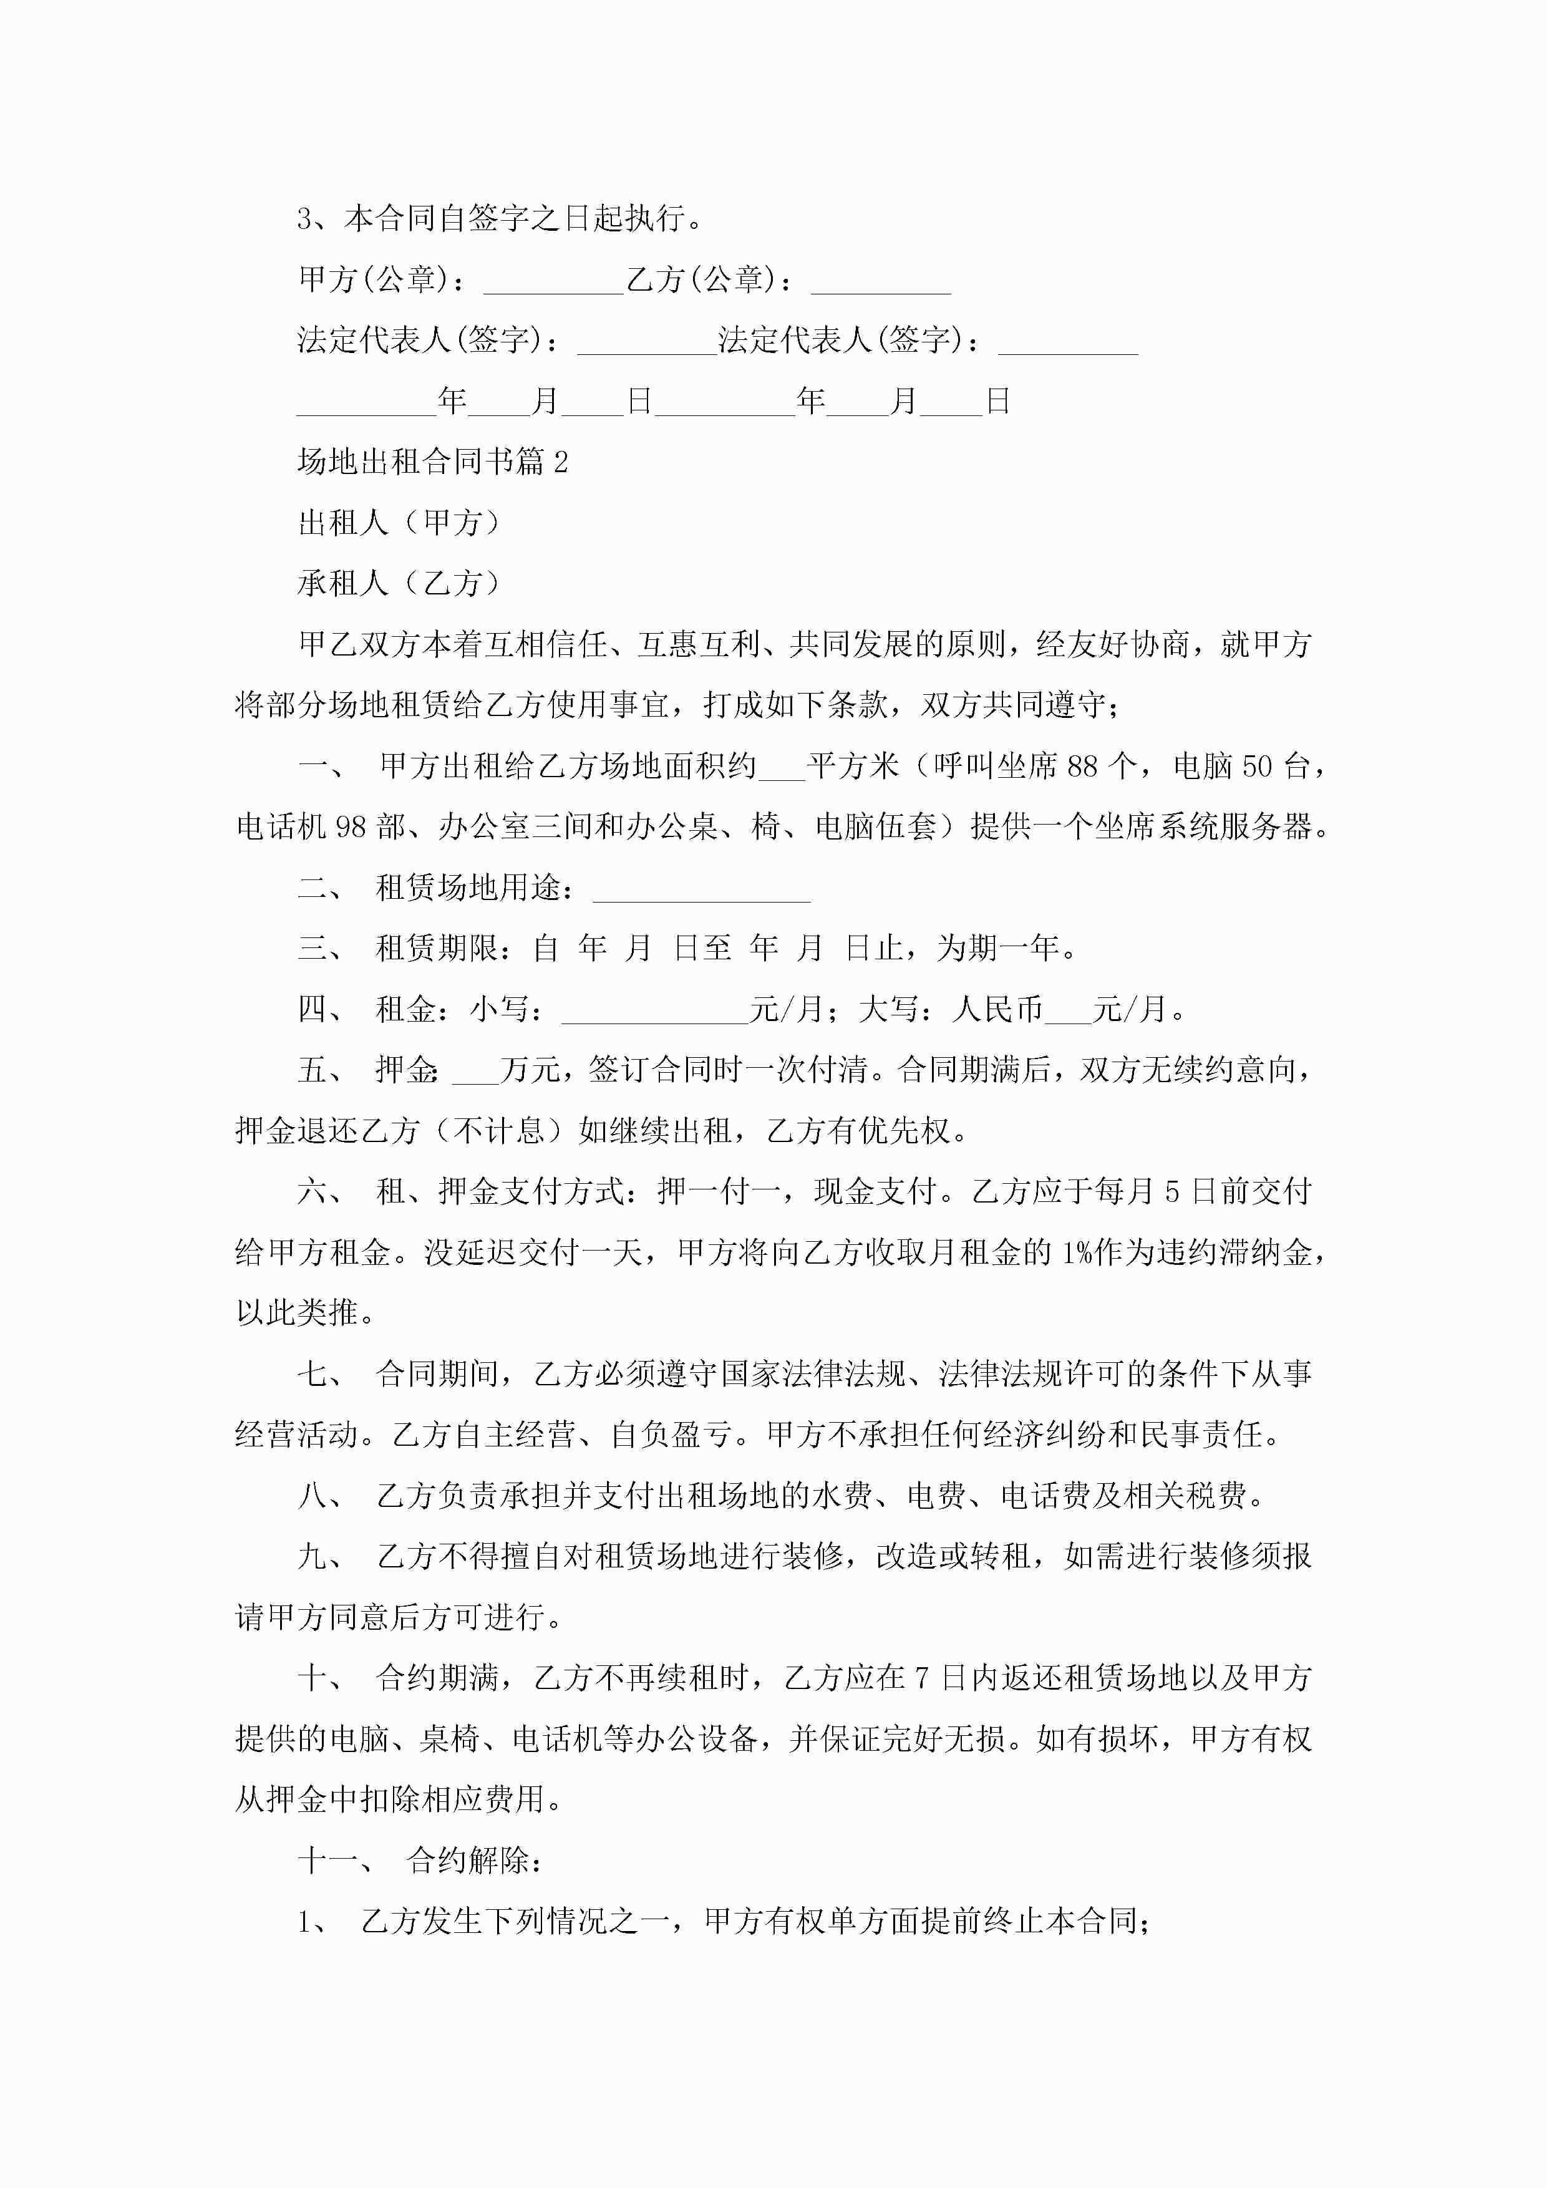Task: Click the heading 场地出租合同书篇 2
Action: (433, 462)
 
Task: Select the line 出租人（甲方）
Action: (400, 523)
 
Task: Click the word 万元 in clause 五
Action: (530, 1070)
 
